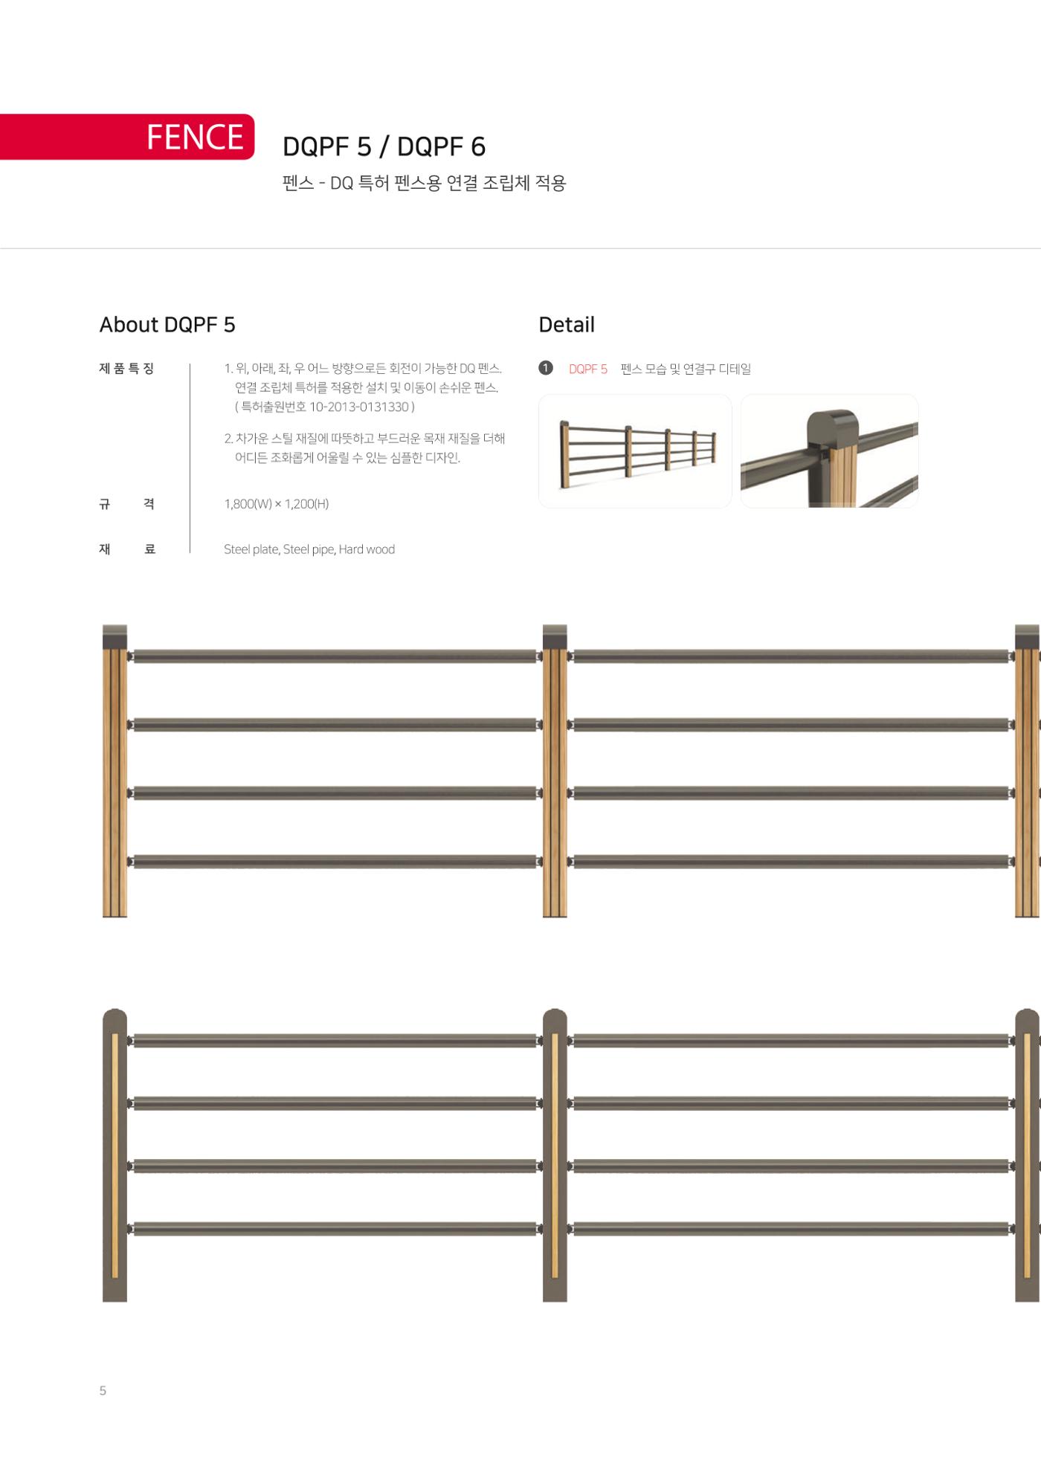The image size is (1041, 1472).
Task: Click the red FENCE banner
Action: point(127,137)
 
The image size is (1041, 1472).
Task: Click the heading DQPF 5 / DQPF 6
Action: point(384,146)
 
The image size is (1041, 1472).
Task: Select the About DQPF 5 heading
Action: point(167,325)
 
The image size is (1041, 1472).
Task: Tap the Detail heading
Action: point(567,325)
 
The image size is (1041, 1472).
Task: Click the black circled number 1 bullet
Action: point(546,368)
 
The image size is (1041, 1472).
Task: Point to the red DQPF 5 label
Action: point(588,369)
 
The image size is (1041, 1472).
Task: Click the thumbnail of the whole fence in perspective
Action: point(635,451)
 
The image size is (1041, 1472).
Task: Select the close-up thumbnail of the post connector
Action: point(829,451)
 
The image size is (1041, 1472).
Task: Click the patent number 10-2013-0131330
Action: point(359,407)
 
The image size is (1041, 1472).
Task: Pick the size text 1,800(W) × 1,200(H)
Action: point(277,504)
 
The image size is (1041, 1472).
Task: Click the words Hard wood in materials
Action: point(367,549)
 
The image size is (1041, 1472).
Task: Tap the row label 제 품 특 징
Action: point(126,368)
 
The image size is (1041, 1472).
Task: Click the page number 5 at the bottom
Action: point(103,1390)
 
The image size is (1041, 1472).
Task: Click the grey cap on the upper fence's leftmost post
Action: point(115,636)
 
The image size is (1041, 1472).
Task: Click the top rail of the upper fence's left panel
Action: point(335,656)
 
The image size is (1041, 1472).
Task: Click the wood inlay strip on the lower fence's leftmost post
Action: point(115,1155)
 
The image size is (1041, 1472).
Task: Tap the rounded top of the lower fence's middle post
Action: point(555,1017)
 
